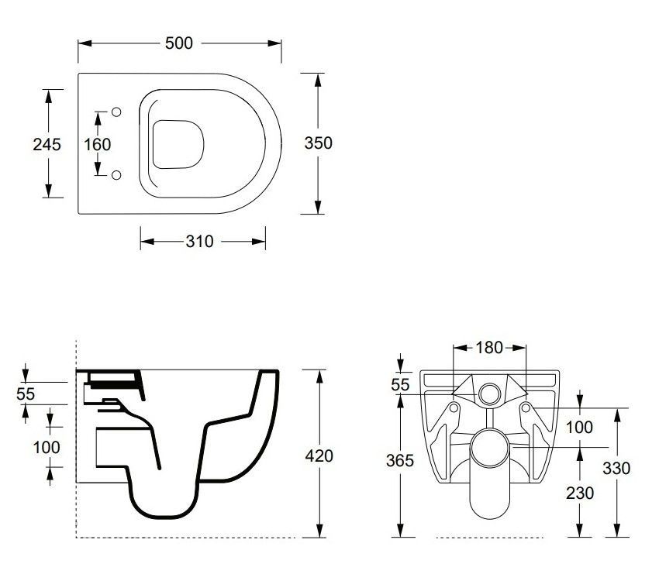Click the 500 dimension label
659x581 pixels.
178,43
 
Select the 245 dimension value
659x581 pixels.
47,144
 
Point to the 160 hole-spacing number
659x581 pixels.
98,144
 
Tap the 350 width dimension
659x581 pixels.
318,143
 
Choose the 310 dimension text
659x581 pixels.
199,242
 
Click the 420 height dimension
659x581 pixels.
319,456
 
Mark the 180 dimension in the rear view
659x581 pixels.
489,348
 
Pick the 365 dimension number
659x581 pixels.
400,460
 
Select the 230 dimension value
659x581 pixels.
580,493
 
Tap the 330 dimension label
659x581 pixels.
616,468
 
